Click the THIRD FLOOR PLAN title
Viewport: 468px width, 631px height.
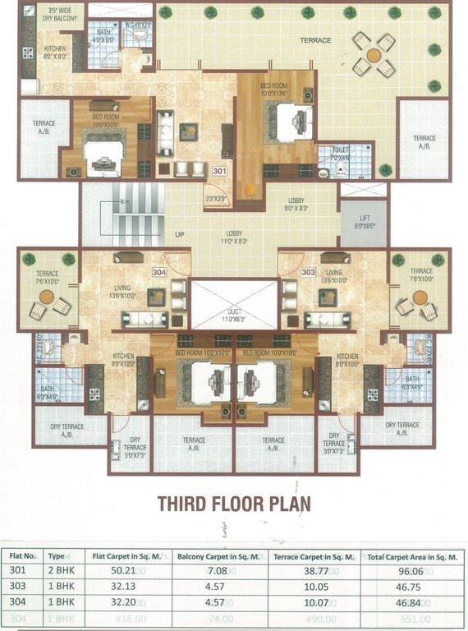tap(233, 502)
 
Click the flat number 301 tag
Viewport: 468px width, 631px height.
tap(219, 172)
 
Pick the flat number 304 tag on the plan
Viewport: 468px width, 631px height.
tap(158, 271)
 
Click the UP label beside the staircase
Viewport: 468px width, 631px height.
tap(179, 234)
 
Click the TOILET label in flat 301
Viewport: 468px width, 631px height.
tap(340, 152)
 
